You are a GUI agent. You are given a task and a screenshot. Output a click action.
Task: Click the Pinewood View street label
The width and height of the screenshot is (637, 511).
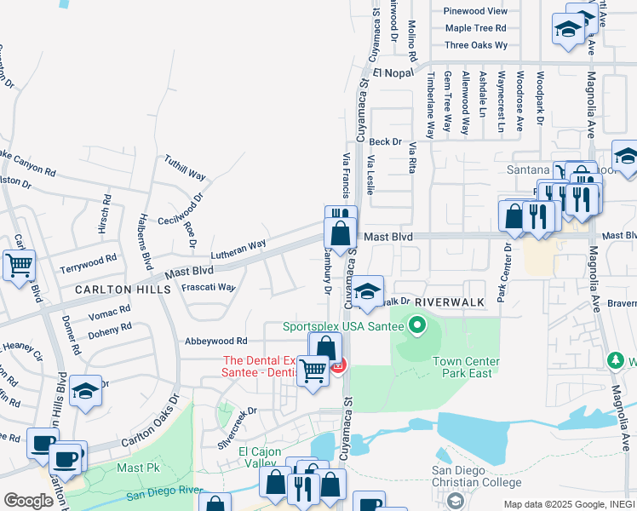coord(476,11)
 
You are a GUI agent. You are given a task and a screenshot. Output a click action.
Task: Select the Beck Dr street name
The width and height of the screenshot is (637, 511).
coord(385,141)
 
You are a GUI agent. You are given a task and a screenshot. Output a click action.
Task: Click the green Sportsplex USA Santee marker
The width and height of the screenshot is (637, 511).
coord(417,325)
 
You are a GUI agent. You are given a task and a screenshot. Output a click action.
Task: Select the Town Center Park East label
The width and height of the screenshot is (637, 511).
coord(466,367)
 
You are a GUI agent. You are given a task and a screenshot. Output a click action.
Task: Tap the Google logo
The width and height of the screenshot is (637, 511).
coord(28,500)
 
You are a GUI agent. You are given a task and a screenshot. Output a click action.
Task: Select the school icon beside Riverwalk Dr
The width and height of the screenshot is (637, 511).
coord(367,292)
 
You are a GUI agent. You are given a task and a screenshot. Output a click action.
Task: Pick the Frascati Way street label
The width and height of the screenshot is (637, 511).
coord(209,288)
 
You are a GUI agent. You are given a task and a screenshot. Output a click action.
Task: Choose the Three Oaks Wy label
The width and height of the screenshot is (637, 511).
coord(476,45)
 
